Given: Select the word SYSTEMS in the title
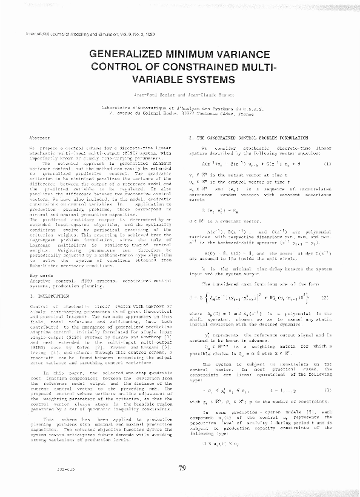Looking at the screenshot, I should coord(202,79).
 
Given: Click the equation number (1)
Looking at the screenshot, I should coord(327,164).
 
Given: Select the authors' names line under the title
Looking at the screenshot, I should coord(181,96).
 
